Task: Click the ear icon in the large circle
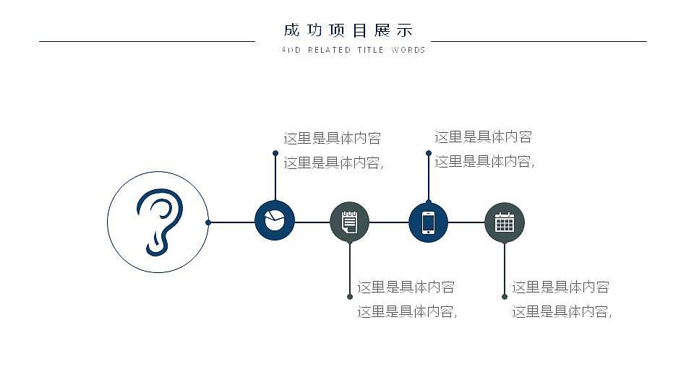click(x=157, y=222)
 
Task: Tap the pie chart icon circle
click(x=275, y=220)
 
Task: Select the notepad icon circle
click(x=350, y=222)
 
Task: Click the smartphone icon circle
click(x=428, y=222)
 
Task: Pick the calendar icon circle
click(x=504, y=222)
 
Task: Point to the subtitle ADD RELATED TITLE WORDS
click(x=354, y=50)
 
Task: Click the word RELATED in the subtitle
click(x=329, y=50)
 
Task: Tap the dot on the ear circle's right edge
click(x=208, y=222)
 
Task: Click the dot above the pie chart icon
click(x=275, y=153)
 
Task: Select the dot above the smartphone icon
click(x=429, y=153)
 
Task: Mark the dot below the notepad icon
click(x=350, y=296)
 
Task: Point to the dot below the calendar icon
click(x=505, y=296)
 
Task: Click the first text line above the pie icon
click(x=332, y=138)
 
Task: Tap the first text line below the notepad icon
click(x=406, y=287)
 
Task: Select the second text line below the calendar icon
click(x=562, y=312)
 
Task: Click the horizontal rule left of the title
click(x=147, y=42)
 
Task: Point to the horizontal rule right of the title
click(x=539, y=42)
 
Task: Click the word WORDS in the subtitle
click(x=408, y=50)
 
